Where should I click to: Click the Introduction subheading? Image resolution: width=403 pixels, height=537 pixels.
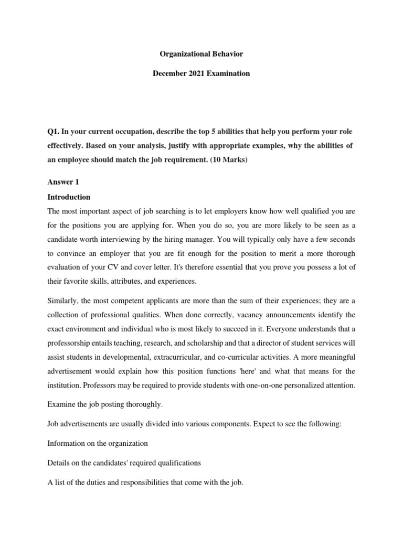69,197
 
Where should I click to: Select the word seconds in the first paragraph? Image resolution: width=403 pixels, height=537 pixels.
342,239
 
